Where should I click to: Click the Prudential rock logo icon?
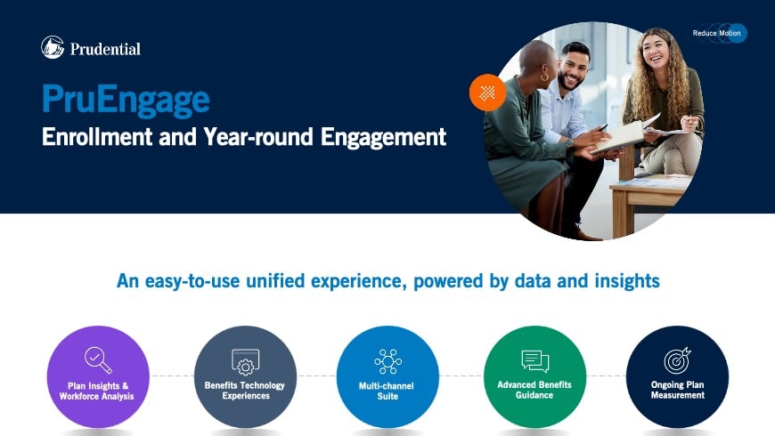[x=53, y=47]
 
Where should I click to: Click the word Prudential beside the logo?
[x=104, y=49]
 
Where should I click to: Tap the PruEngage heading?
[x=126, y=99]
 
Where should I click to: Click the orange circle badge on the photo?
[x=487, y=93]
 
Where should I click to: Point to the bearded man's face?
[x=573, y=68]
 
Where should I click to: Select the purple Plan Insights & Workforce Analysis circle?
[x=97, y=376]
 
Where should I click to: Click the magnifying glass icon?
[x=98, y=359]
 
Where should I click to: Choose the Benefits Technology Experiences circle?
[x=245, y=376]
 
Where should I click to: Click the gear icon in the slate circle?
[x=245, y=362]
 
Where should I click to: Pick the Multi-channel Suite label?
[x=387, y=391]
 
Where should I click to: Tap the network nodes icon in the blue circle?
[x=387, y=361]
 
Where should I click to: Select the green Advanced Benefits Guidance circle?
[x=534, y=376]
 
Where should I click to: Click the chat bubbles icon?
[x=534, y=360]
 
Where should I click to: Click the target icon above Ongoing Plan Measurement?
[x=677, y=360]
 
